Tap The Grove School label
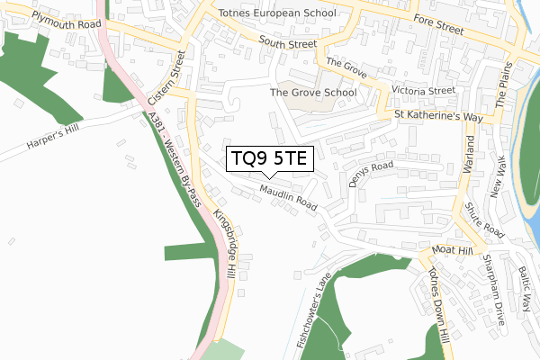(x=314, y=92)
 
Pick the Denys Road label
(x=372, y=173)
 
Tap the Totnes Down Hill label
(x=438, y=306)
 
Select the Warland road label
(x=468, y=161)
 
